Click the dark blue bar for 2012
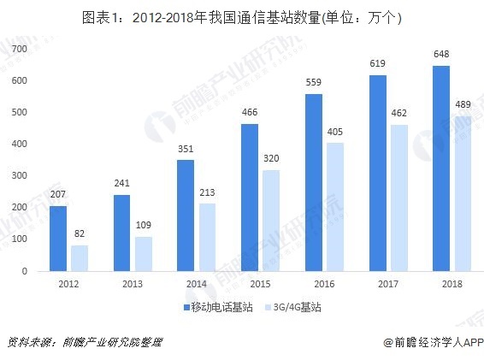pos(58,239)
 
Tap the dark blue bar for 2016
pos(314,182)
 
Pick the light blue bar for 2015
pos(272,221)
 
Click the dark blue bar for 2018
pos(441,168)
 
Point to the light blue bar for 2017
pos(400,198)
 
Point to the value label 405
pos(336,133)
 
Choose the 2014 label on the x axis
pos(197,283)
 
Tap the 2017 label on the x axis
pos(389,283)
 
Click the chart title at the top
pos(242,17)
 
